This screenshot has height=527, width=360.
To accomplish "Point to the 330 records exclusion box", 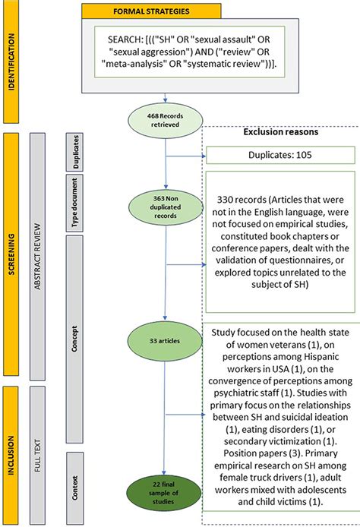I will tap(281, 234).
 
